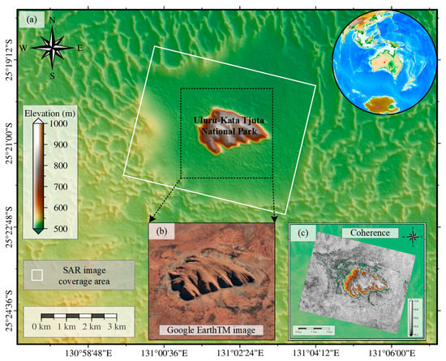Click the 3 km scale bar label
pyautogui.click(x=116, y=325)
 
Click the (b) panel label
pyautogui.click(x=162, y=230)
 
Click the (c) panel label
pyautogui.click(x=302, y=236)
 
